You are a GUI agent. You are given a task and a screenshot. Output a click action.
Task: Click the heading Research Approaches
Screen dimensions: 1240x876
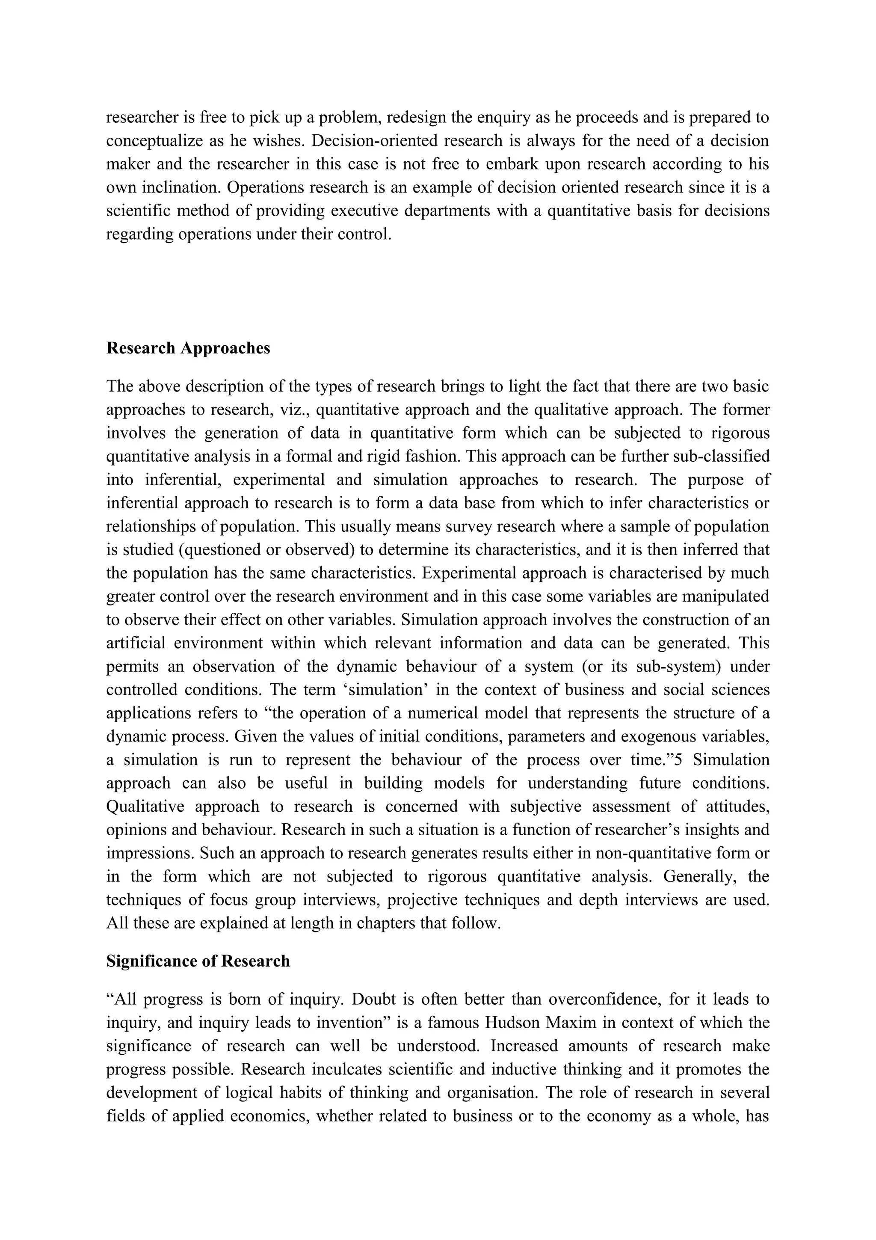pyautogui.click(x=188, y=348)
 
